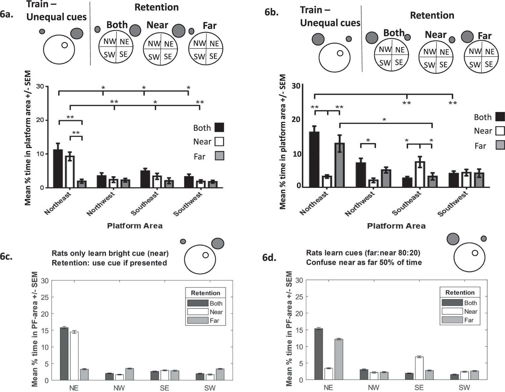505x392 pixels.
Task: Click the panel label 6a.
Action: (x=7, y=15)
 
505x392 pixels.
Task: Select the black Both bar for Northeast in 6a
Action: (x=58, y=168)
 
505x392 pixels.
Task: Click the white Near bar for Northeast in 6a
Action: (x=70, y=172)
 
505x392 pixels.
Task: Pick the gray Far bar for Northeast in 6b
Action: (x=339, y=165)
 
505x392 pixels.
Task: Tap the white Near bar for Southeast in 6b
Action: (x=420, y=174)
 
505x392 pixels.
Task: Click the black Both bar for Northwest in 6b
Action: (x=361, y=175)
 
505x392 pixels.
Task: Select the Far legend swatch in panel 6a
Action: (x=219, y=156)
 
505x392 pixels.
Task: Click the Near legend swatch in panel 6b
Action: (x=500, y=131)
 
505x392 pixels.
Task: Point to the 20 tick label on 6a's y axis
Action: (x=40, y=120)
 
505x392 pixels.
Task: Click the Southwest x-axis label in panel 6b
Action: (x=453, y=204)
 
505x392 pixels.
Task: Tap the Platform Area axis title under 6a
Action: (x=135, y=226)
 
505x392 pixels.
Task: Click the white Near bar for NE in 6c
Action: (x=74, y=356)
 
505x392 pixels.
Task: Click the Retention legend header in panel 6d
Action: (x=460, y=292)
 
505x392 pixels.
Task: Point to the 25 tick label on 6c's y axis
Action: (x=45, y=297)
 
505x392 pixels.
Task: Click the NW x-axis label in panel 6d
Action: (x=374, y=387)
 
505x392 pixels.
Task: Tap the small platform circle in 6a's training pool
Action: (x=64, y=45)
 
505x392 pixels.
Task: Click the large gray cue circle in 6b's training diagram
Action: (x=318, y=39)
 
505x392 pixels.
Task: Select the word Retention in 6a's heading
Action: (x=156, y=7)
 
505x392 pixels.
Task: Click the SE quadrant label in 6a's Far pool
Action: (x=213, y=56)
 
